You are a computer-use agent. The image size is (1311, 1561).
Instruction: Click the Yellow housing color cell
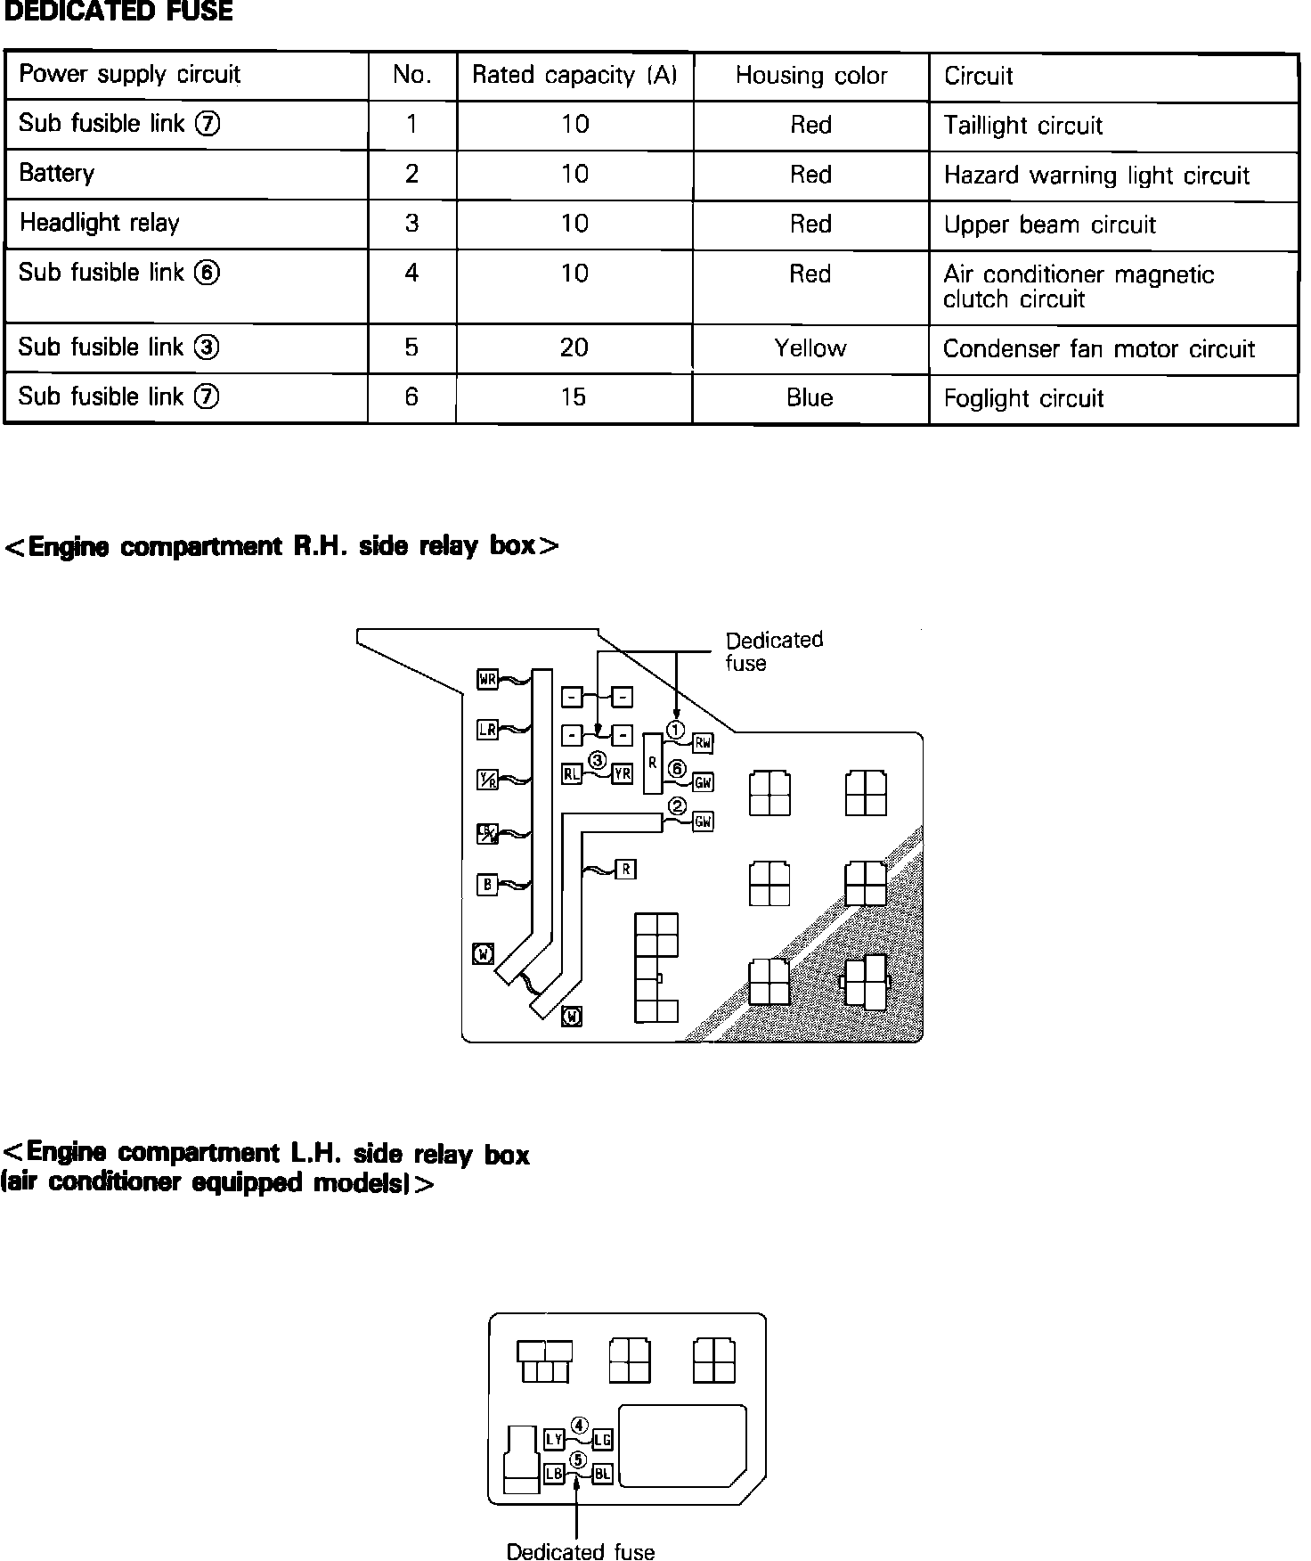(810, 348)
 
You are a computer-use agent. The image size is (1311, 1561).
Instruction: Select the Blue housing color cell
(810, 397)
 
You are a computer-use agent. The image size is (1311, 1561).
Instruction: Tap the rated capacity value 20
(574, 347)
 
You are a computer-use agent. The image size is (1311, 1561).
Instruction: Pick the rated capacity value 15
(574, 397)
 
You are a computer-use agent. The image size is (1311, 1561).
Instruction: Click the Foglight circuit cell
(1023, 398)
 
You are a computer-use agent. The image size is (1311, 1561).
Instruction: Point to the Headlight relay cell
(100, 223)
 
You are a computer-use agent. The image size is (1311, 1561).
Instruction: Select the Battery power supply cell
(57, 173)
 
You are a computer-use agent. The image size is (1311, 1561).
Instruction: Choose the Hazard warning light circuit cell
(1096, 176)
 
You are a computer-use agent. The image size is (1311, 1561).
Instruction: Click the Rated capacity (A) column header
(574, 76)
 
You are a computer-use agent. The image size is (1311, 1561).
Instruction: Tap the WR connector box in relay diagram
(487, 680)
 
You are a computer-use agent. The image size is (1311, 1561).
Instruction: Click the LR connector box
(487, 730)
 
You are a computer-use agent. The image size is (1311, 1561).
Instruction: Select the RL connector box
(572, 773)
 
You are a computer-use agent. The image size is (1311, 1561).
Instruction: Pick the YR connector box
(622, 773)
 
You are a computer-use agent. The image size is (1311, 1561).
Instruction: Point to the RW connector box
(703, 742)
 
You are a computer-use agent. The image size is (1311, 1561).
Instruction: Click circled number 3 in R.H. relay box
(597, 760)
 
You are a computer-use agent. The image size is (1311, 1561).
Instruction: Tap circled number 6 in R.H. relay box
(678, 769)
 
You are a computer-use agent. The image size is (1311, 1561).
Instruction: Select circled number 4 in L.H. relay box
(579, 1426)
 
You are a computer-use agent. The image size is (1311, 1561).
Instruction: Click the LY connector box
(554, 1439)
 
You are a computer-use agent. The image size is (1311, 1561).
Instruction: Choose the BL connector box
(602, 1474)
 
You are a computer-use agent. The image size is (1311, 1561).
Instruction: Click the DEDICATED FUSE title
(118, 12)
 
